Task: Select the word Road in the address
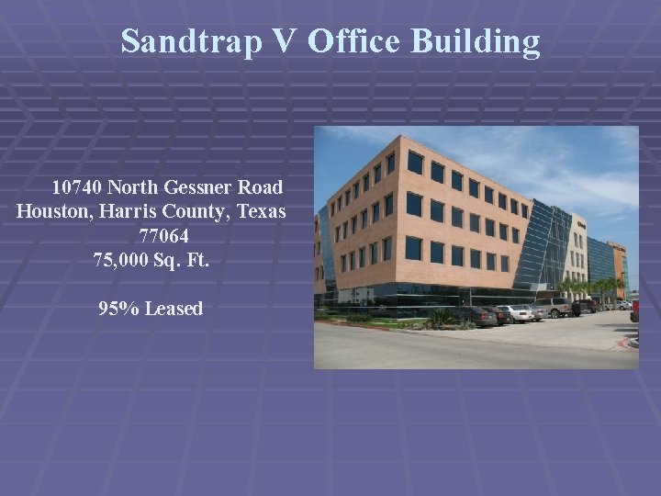click(x=263, y=187)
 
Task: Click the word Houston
click(x=51, y=211)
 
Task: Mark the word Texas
click(x=262, y=211)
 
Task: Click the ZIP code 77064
click(x=164, y=236)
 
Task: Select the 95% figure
click(x=118, y=309)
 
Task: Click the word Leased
click(x=173, y=309)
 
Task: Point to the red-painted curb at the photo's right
click(x=629, y=344)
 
